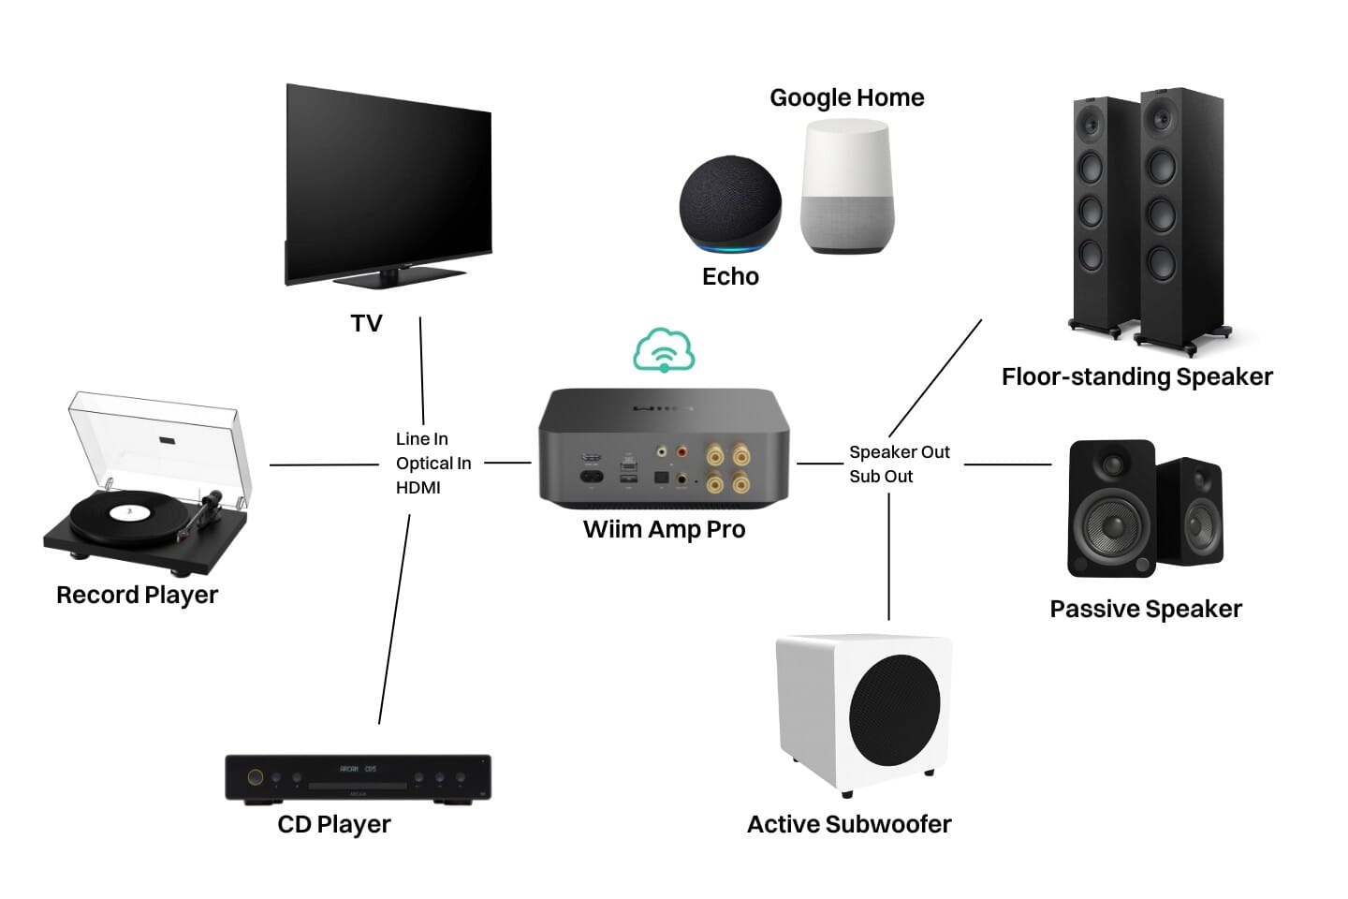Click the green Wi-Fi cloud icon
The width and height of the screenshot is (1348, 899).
tap(664, 351)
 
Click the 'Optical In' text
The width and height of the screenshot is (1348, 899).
tap(433, 463)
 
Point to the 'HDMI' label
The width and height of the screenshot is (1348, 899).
tap(418, 487)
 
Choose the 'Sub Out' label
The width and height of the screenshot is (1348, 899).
tap(881, 476)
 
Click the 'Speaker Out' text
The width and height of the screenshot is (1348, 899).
tap(899, 451)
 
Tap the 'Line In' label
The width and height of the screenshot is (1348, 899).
tap(421, 438)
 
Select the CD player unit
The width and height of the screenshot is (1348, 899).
tap(358, 777)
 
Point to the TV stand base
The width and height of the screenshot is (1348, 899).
tap(399, 277)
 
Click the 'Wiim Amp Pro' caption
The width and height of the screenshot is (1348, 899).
tap(664, 529)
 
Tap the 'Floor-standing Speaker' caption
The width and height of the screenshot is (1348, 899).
tap(1136, 376)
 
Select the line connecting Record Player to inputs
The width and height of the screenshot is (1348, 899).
tap(324, 464)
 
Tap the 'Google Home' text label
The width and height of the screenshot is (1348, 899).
tap(846, 97)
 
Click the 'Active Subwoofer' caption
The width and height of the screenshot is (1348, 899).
tap(848, 824)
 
